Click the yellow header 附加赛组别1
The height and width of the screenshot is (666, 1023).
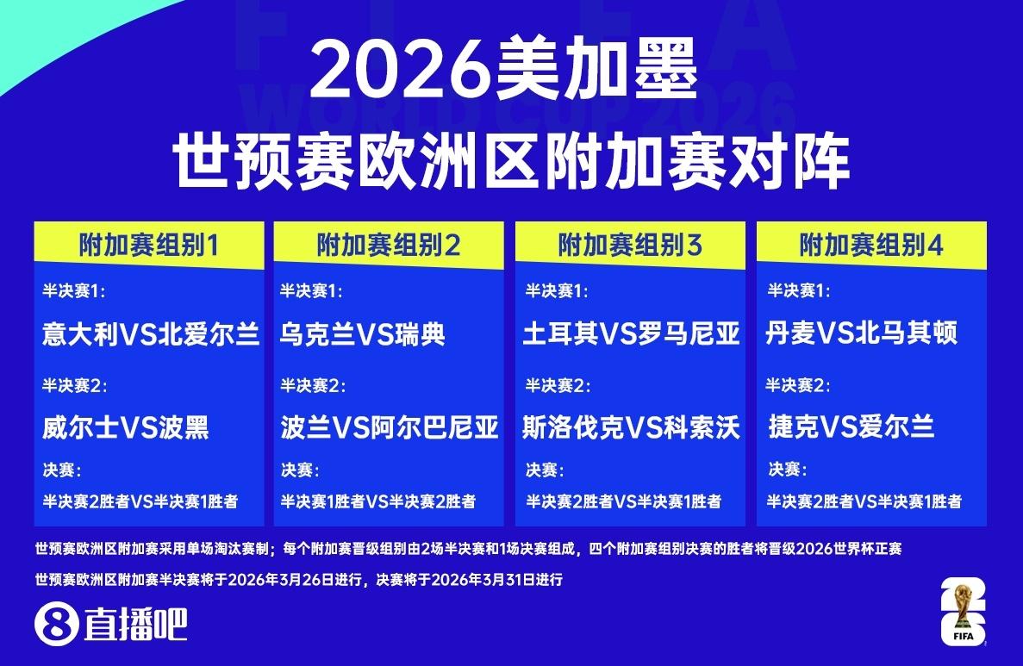click(148, 246)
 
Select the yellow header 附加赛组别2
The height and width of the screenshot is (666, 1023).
click(389, 246)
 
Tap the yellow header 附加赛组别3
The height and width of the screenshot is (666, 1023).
click(630, 246)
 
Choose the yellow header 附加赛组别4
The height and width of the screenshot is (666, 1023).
click(871, 246)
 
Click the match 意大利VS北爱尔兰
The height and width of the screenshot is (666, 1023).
click(151, 333)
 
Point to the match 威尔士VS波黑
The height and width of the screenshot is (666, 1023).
click(126, 426)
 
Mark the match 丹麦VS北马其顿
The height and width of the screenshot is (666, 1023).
click(861, 333)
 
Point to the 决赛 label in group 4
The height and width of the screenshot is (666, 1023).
click(786, 470)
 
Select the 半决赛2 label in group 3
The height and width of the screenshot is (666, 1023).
click(558, 384)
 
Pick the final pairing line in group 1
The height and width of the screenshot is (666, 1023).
click(140, 501)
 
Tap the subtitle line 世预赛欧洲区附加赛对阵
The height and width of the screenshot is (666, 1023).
click(511, 159)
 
